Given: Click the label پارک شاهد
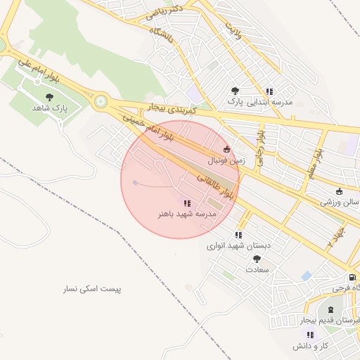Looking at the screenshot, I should coord(48,108).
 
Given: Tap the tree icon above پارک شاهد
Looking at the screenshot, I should coord(49,97).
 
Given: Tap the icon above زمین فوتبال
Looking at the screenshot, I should coord(226,149).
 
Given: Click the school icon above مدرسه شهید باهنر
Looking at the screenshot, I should coord(186,202).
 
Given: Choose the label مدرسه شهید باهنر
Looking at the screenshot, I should coord(186,212).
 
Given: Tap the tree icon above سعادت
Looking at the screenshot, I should coord(256,258).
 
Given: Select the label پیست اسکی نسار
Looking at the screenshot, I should coord(92,289).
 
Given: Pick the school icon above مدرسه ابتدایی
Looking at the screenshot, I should coord(269,91).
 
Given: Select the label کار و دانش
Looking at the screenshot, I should coord(311,346).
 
